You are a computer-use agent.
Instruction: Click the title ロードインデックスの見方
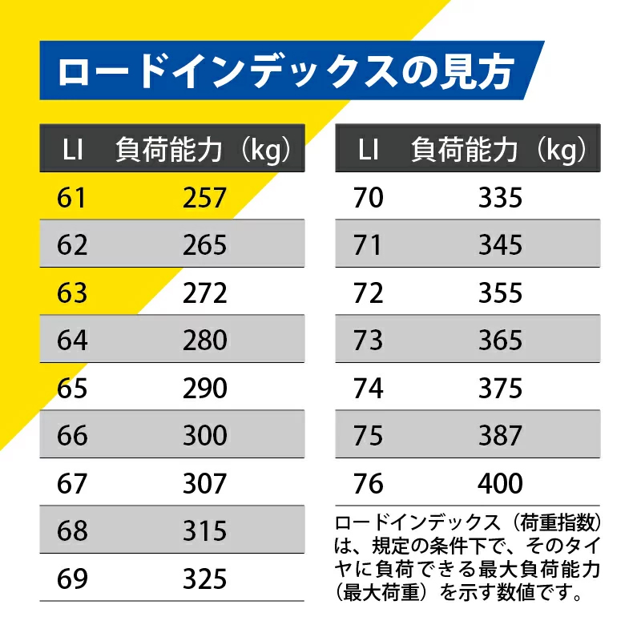[x=285, y=71]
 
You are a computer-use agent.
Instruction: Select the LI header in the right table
[x=369, y=150]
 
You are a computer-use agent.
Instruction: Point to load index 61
[x=72, y=197]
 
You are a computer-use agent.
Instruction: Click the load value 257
[x=205, y=197]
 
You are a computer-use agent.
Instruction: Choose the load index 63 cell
[x=72, y=292]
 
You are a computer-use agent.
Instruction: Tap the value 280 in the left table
[x=205, y=341]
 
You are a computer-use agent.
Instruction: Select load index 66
[x=72, y=436]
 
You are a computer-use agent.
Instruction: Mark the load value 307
[x=205, y=484]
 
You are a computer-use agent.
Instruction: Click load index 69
[x=72, y=579]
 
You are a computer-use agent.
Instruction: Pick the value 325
[x=205, y=579]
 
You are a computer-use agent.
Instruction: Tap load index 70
[x=369, y=197]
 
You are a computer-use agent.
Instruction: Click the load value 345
[x=501, y=245]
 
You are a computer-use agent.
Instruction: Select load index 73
[x=369, y=341]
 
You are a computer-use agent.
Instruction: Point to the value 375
[x=501, y=389]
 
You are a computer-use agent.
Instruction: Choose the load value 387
[x=501, y=436]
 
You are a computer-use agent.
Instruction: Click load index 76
[x=369, y=484]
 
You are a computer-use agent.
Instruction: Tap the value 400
[x=501, y=484]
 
